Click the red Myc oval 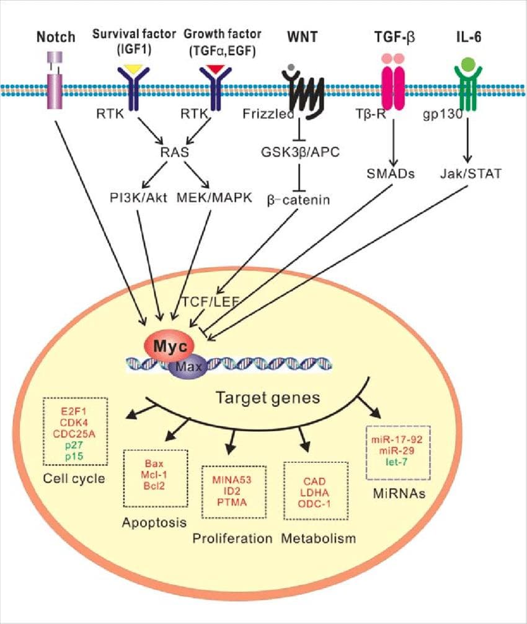pos(169,346)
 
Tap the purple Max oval pos(188,366)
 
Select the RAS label pos(174,152)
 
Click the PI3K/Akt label pos(138,198)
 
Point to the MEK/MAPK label pos(214,198)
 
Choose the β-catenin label pos(298,199)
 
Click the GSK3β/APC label pos(300,152)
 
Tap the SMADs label pos(391,174)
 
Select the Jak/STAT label pos(471,174)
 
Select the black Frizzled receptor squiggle pos(303,92)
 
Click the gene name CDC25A pos(74,433)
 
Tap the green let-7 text pos(397,462)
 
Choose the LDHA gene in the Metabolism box pos(314,493)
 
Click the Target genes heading pos(268,398)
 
